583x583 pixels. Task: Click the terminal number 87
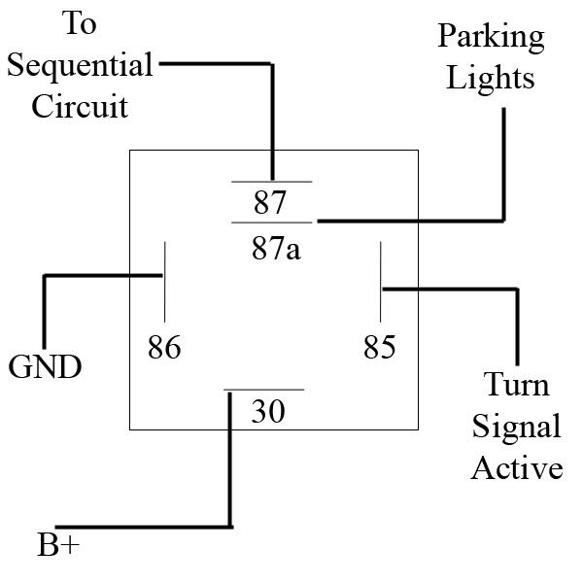pyautogui.click(x=271, y=204)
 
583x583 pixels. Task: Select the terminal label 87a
pyautogui.click(x=275, y=250)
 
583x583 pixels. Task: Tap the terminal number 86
pyautogui.click(x=164, y=347)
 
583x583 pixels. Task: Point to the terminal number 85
pyautogui.click(x=380, y=347)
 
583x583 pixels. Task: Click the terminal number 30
pyautogui.click(x=267, y=412)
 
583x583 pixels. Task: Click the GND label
pyautogui.click(x=45, y=368)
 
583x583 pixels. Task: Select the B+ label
pyautogui.click(x=58, y=546)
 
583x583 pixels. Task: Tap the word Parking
pyautogui.click(x=491, y=38)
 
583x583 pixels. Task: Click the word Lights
pyautogui.click(x=491, y=77)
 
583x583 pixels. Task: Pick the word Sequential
pyautogui.click(x=80, y=66)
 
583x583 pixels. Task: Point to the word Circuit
pyautogui.click(x=80, y=106)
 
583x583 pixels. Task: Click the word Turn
pyautogui.click(x=517, y=386)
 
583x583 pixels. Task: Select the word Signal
pyautogui.click(x=517, y=427)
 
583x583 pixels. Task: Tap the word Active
pyautogui.click(x=517, y=468)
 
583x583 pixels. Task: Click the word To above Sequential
pyautogui.click(x=80, y=25)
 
